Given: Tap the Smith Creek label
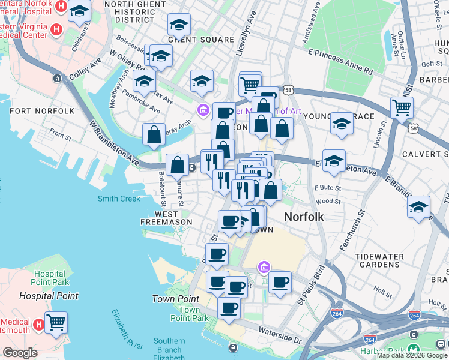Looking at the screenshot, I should point(119,199).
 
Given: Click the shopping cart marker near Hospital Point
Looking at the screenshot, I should point(56,323).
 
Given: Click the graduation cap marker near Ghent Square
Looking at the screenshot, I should point(179,25).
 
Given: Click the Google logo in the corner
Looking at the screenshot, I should point(20,352).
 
